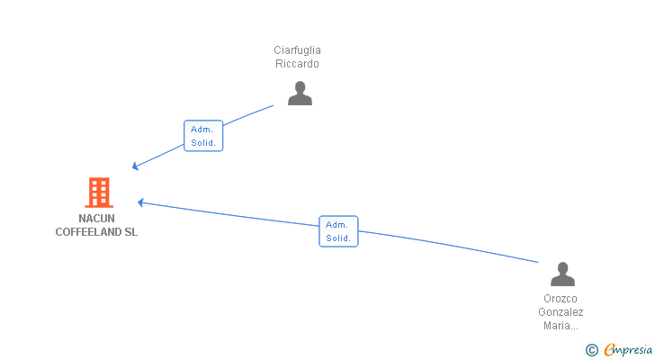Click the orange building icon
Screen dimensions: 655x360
99,193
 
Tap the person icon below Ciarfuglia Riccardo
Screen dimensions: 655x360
300,93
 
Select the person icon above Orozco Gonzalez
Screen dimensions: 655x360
562,274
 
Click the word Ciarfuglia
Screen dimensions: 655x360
297,50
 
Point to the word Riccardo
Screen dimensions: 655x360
297,64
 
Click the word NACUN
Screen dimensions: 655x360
96,219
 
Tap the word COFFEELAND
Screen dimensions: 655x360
88,232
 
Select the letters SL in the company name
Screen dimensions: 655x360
130,232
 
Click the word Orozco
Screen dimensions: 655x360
561,299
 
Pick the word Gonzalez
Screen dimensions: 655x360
561,312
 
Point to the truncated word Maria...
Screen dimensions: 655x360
561,325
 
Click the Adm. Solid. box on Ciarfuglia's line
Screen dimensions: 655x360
203,136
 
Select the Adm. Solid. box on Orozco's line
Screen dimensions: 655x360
338,231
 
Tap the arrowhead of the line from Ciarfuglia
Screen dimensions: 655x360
135,166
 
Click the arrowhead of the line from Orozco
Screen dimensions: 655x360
140,202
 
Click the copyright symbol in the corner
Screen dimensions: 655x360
591,350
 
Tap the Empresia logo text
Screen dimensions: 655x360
628,350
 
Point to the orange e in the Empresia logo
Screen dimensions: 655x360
610,349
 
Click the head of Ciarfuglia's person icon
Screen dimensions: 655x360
300,87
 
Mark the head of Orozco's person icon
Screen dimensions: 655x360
562,267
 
